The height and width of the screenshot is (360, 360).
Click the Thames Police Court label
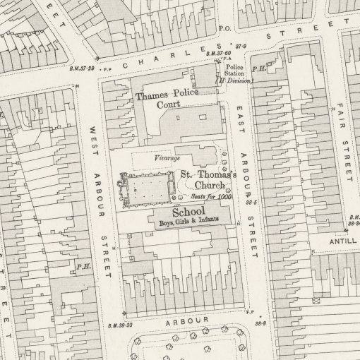167,98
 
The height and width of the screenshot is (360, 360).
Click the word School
188,211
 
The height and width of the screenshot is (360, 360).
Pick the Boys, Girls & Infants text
188,221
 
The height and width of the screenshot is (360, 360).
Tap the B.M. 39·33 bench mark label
121,325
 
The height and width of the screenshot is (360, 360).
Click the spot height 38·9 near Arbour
260,322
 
